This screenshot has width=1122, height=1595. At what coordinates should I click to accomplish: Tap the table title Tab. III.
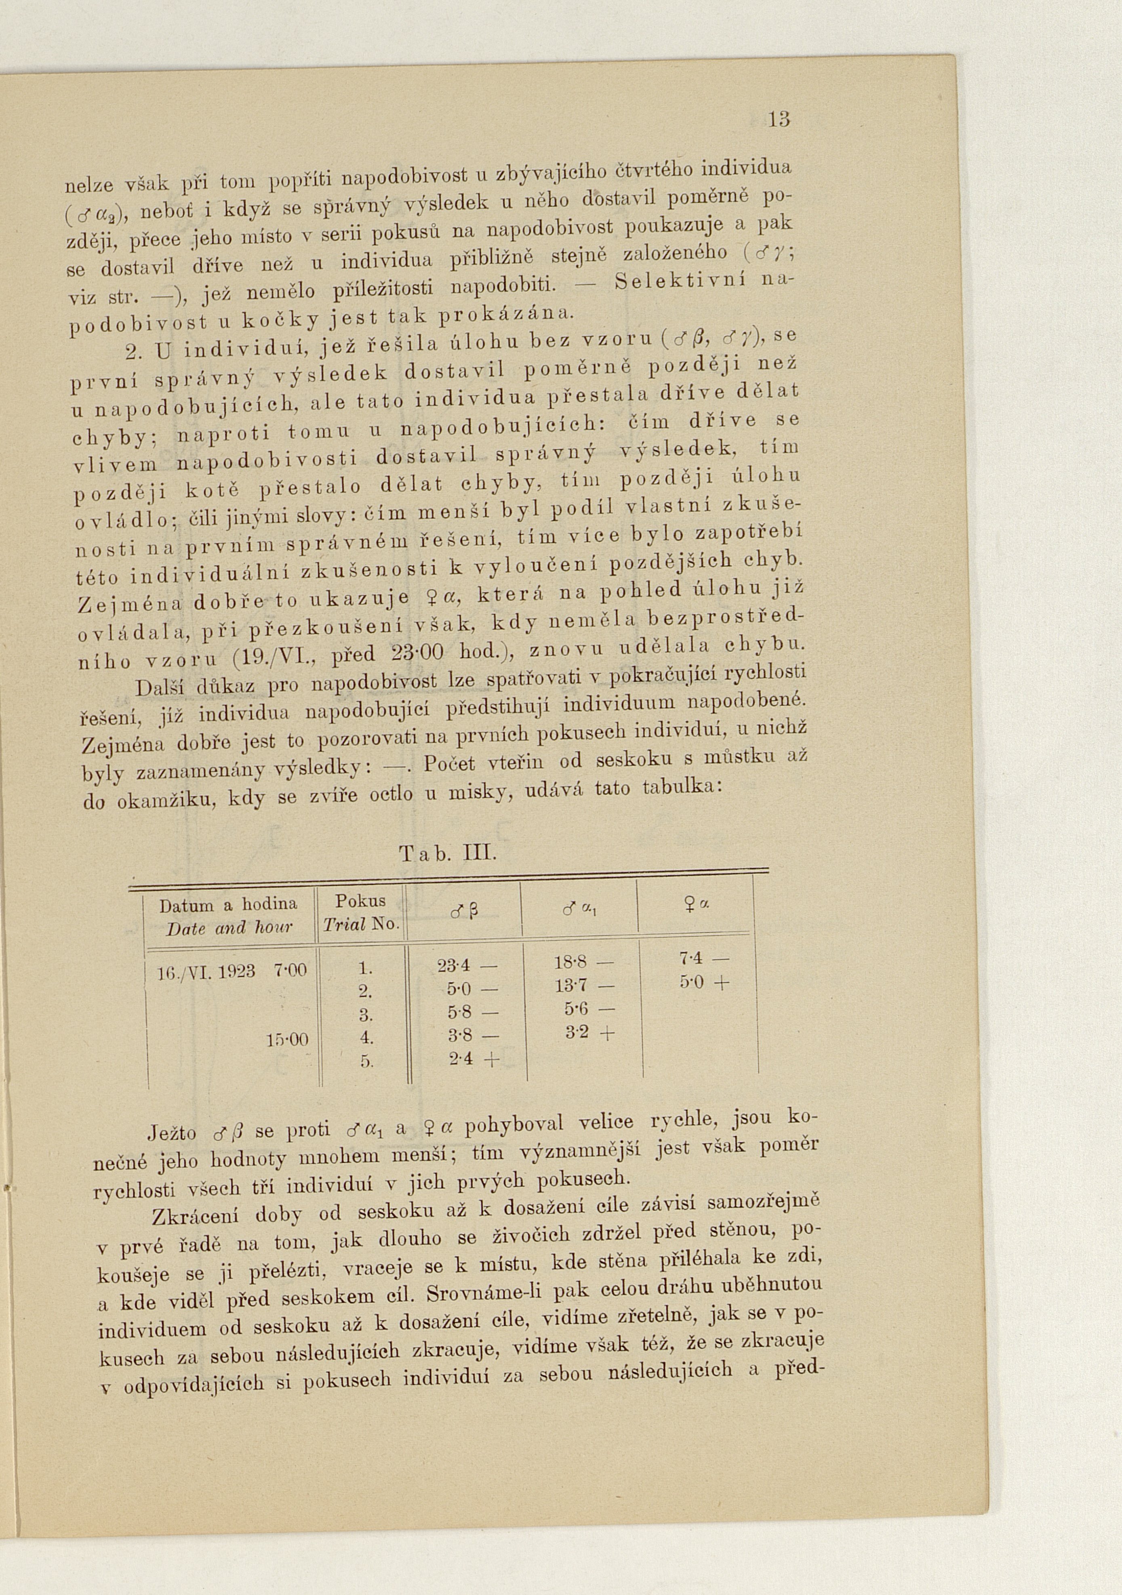[x=448, y=853]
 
